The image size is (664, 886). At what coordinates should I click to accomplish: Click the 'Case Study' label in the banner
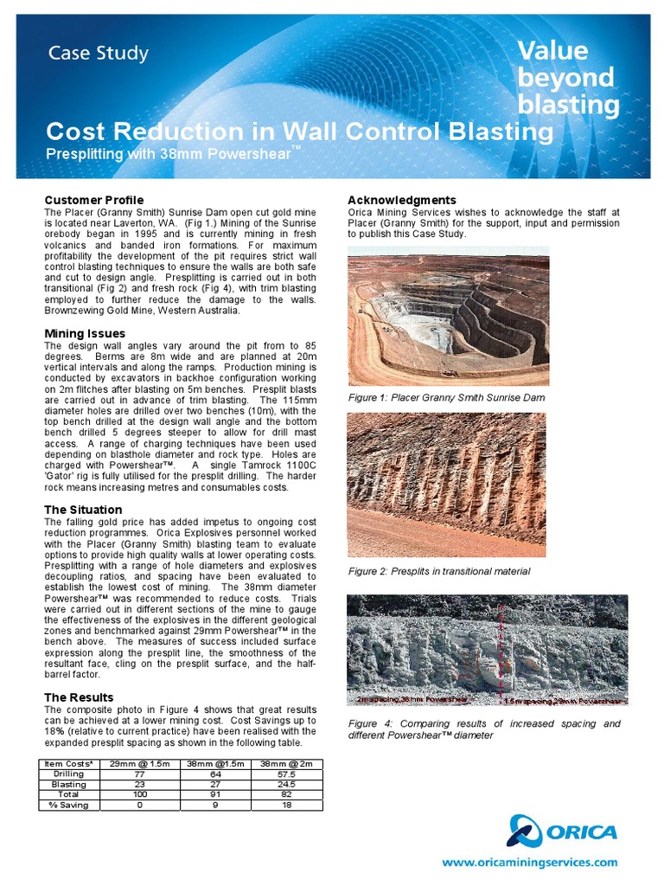click(x=98, y=54)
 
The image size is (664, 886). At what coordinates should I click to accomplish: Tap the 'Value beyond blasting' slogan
click(x=568, y=78)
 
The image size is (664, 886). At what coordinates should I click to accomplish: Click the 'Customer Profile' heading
click(x=93, y=200)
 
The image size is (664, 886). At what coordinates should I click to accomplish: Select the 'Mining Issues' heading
click(x=85, y=333)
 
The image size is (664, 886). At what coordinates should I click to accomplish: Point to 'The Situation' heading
click(x=83, y=510)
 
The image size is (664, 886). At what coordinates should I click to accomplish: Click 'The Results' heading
click(x=79, y=697)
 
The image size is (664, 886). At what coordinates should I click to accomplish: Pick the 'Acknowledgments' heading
click(x=401, y=200)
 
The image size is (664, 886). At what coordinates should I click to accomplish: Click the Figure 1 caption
click(x=446, y=397)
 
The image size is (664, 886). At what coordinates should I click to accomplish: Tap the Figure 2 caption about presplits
click(x=438, y=571)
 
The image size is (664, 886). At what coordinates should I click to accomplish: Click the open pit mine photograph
click(x=448, y=316)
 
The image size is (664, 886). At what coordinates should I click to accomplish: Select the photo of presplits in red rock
click(x=446, y=485)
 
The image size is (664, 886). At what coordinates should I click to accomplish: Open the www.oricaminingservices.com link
click(x=530, y=869)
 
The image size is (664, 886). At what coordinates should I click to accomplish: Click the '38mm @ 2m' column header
click(x=286, y=764)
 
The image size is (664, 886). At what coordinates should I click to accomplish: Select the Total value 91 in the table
click(x=212, y=793)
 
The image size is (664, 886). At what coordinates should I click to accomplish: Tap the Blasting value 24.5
click(x=286, y=784)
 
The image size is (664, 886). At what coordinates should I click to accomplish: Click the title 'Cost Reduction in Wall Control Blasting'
click(x=299, y=132)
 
